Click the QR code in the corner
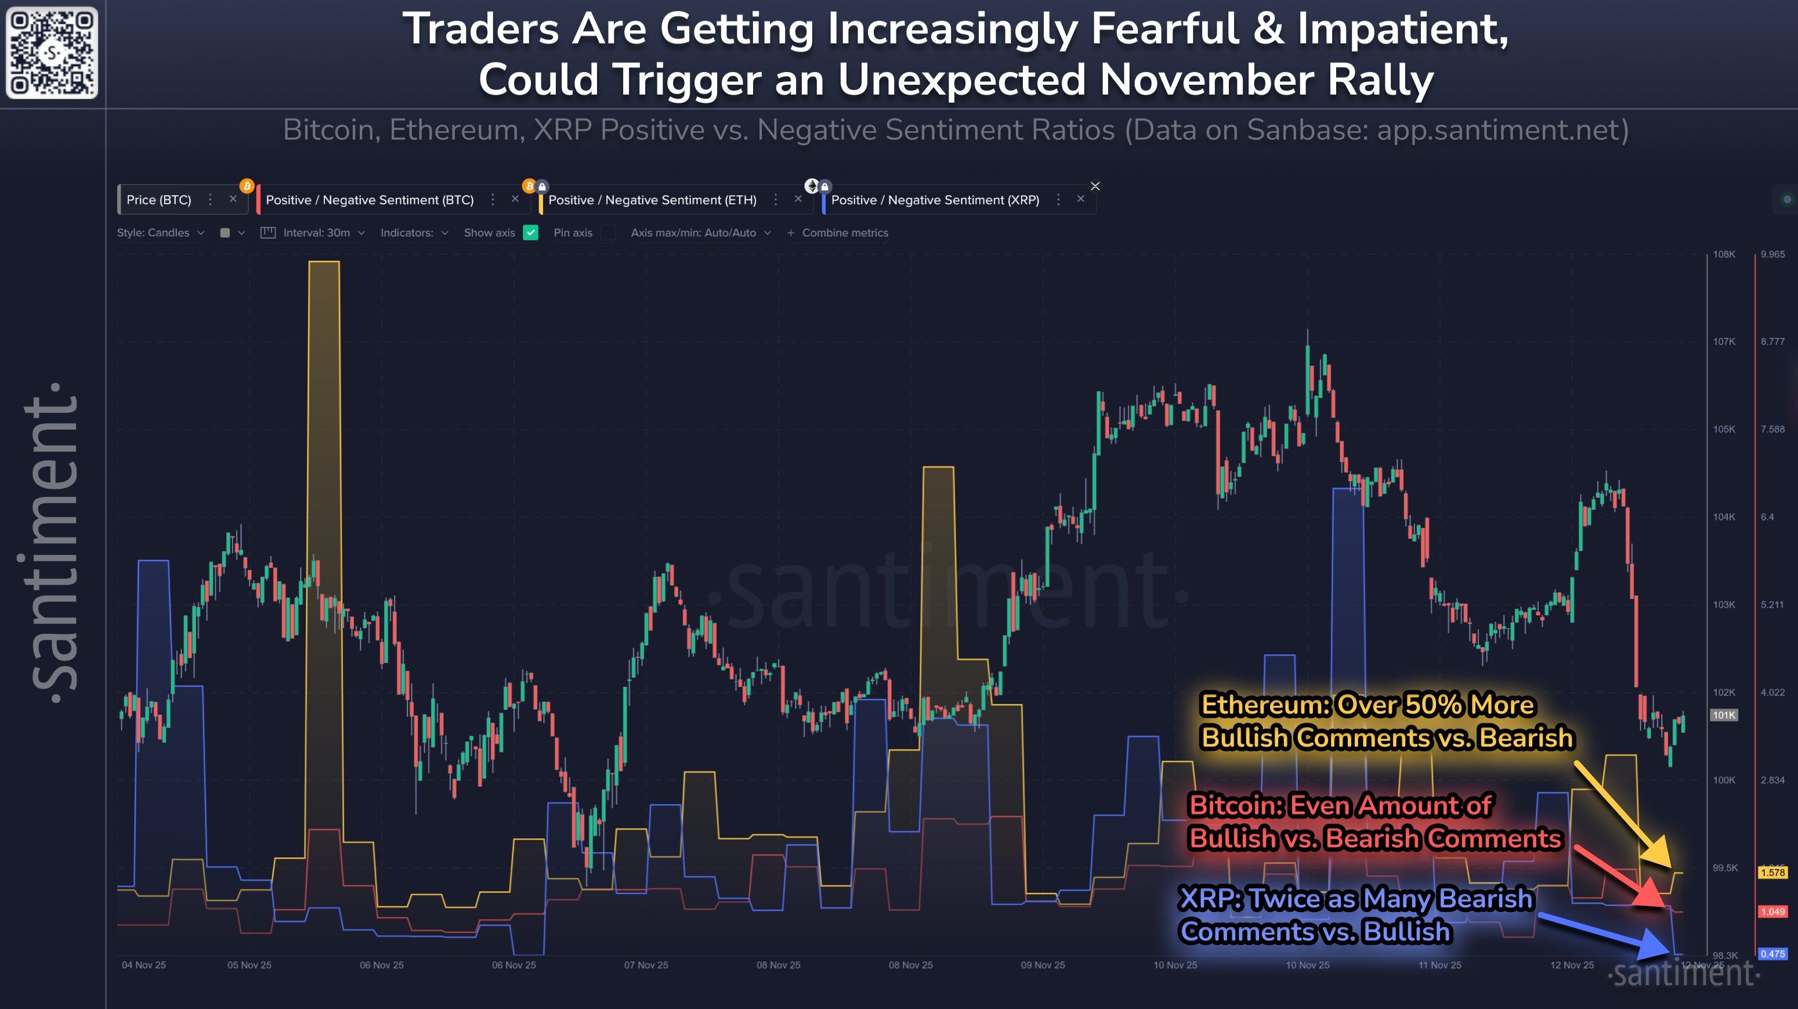52,52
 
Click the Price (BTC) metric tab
158,200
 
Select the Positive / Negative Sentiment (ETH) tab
652,200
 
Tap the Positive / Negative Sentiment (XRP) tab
935,200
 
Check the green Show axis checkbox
530,233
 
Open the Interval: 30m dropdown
316,233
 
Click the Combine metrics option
844,233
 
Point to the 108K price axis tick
1723,254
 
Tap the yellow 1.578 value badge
1772,872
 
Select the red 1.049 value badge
1772,911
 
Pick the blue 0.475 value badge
1772,954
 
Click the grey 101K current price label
1723,715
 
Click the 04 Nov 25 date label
144,965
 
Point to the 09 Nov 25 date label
1043,965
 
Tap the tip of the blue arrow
1672,954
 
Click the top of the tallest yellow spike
324,262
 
